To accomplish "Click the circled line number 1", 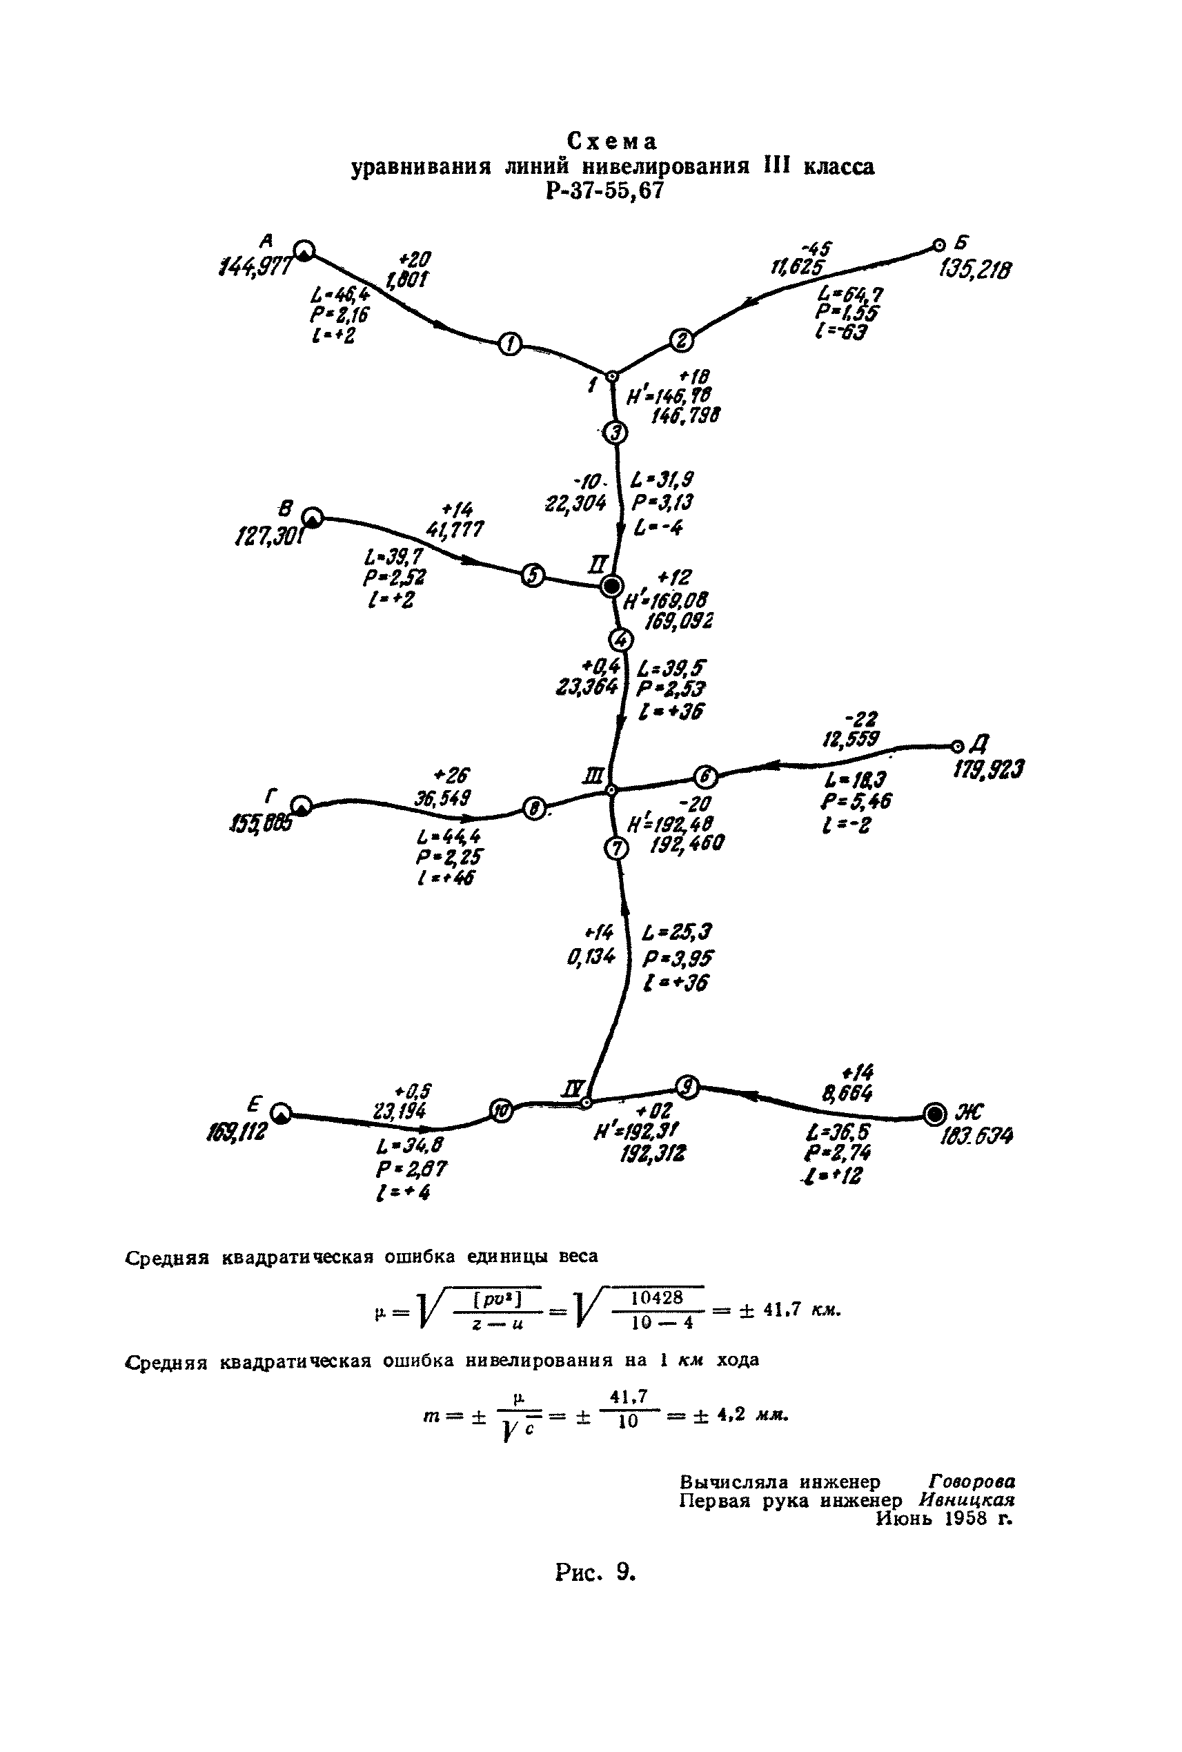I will (511, 344).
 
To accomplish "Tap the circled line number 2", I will (682, 341).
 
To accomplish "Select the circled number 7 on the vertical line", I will (616, 848).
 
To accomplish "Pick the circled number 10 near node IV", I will (501, 1110).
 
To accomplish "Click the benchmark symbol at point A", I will (304, 251).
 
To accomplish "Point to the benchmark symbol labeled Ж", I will (935, 1113).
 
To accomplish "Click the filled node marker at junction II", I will (611, 586).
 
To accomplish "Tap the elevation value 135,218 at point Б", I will (976, 269).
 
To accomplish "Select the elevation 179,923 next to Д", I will (988, 769).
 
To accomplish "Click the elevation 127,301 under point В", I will (270, 538).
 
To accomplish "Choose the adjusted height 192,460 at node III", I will (686, 843).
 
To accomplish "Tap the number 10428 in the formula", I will (657, 1297).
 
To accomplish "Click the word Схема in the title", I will (612, 141).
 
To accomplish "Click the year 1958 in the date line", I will (965, 1517).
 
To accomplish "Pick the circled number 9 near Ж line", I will (687, 1086).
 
